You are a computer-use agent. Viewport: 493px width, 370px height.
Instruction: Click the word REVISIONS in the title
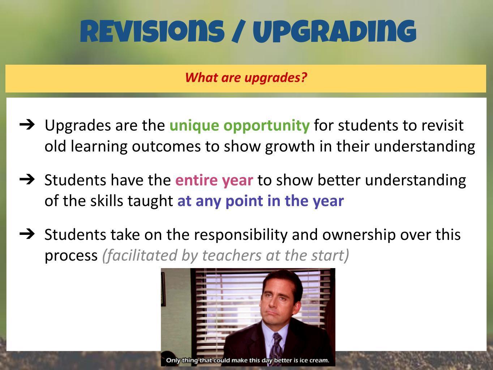tap(152, 31)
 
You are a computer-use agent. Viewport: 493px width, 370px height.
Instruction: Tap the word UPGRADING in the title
tap(335, 31)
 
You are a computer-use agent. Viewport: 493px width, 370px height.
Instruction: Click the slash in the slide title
tap(239, 31)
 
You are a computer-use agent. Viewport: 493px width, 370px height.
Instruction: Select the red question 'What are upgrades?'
tap(246, 78)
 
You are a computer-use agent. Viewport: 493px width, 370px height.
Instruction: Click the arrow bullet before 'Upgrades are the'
tap(27, 125)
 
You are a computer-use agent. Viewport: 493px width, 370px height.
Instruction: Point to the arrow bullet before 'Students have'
tap(27, 179)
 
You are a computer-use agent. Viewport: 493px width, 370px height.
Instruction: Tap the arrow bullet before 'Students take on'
tap(27, 234)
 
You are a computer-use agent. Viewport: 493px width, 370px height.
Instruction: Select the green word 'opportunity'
tap(267, 126)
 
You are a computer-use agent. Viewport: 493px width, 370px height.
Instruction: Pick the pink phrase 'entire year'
tap(214, 181)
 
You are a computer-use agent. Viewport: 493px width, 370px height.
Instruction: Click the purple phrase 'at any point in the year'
tap(261, 201)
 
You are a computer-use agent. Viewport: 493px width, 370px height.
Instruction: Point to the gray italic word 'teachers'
tap(232, 255)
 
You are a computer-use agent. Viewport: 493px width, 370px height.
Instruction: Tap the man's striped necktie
tap(277, 347)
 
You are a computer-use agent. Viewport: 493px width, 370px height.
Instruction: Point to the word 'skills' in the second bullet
tap(107, 201)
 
